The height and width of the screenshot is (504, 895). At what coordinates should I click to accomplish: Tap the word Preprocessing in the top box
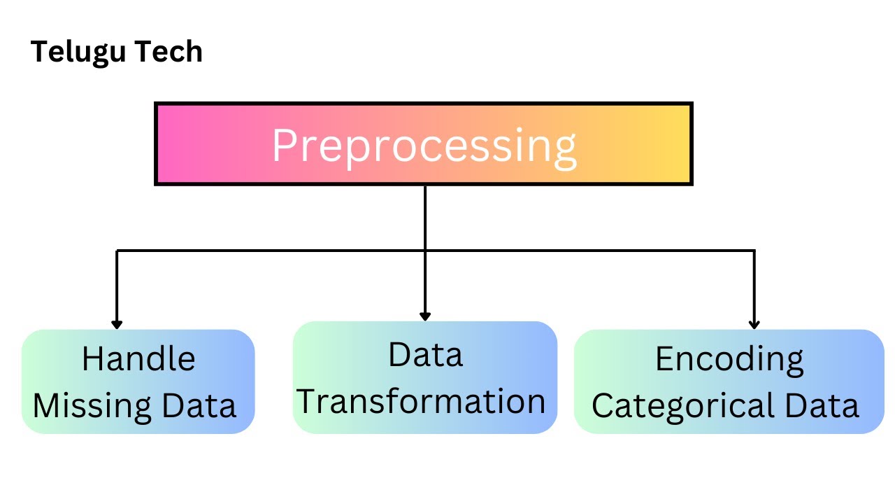(x=424, y=146)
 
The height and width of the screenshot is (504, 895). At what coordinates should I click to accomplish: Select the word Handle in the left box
(x=138, y=359)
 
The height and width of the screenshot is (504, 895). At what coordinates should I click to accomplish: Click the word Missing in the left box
(x=92, y=406)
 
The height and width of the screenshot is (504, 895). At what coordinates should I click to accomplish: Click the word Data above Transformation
(x=425, y=355)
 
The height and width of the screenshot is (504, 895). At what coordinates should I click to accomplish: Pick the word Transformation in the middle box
(x=422, y=402)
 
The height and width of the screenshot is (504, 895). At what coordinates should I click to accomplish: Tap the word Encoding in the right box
(x=729, y=360)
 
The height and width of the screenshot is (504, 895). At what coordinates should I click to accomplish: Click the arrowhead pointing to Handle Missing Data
(x=117, y=325)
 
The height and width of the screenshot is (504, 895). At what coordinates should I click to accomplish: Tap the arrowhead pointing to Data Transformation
(x=425, y=316)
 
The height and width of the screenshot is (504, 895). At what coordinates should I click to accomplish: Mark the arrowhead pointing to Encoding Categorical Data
(x=754, y=325)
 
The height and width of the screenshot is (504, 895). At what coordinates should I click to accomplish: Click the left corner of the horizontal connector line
(x=117, y=251)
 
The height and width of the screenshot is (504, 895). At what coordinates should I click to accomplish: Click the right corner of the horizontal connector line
(x=754, y=251)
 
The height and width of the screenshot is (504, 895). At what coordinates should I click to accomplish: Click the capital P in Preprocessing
(x=286, y=144)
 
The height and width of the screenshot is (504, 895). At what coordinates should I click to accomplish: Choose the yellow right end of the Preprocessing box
(x=671, y=143)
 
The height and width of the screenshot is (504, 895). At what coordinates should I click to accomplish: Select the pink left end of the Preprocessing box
(x=175, y=143)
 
